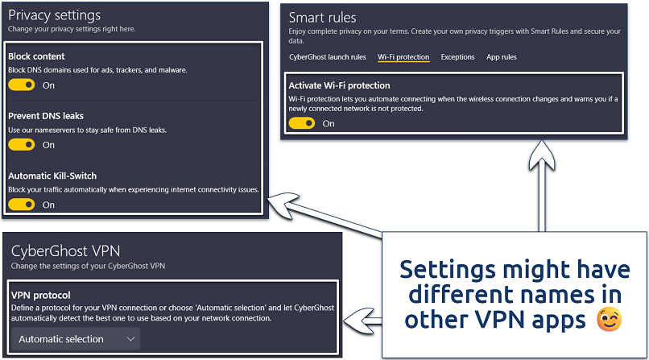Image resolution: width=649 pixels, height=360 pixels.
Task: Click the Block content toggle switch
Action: pyautogui.click(x=21, y=85)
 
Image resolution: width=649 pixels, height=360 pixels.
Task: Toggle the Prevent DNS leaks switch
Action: pyautogui.click(x=21, y=144)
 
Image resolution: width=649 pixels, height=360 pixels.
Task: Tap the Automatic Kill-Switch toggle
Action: pyautogui.click(x=21, y=204)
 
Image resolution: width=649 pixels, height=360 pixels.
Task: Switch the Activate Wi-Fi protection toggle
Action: pyautogui.click(x=301, y=123)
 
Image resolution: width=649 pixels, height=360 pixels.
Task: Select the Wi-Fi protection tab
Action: pyautogui.click(x=403, y=57)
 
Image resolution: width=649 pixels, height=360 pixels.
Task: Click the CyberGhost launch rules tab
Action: pyautogui.click(x=327, y=57)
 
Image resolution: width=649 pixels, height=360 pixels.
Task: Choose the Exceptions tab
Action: pyautogui.click(x=457, y=57)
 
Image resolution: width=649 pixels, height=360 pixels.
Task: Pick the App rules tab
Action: pyautogui.click(x=502, y=57)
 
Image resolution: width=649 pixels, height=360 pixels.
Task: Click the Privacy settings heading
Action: pyautogui.click(x=54, y=15)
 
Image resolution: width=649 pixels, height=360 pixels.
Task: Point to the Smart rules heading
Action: pyautogui.click(x=322, y=17)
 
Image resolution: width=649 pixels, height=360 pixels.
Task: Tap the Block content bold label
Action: pyautogui.click(x=36, y=56)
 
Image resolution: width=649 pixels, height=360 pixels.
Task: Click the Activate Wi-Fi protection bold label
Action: pyautogui.click(x=339, y=85)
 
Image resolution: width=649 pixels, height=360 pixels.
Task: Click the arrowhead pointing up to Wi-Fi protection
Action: pyautogui.click(x=538, y=156)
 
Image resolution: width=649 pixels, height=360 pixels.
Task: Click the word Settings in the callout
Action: pyautogui.click(x=445, y=268)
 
